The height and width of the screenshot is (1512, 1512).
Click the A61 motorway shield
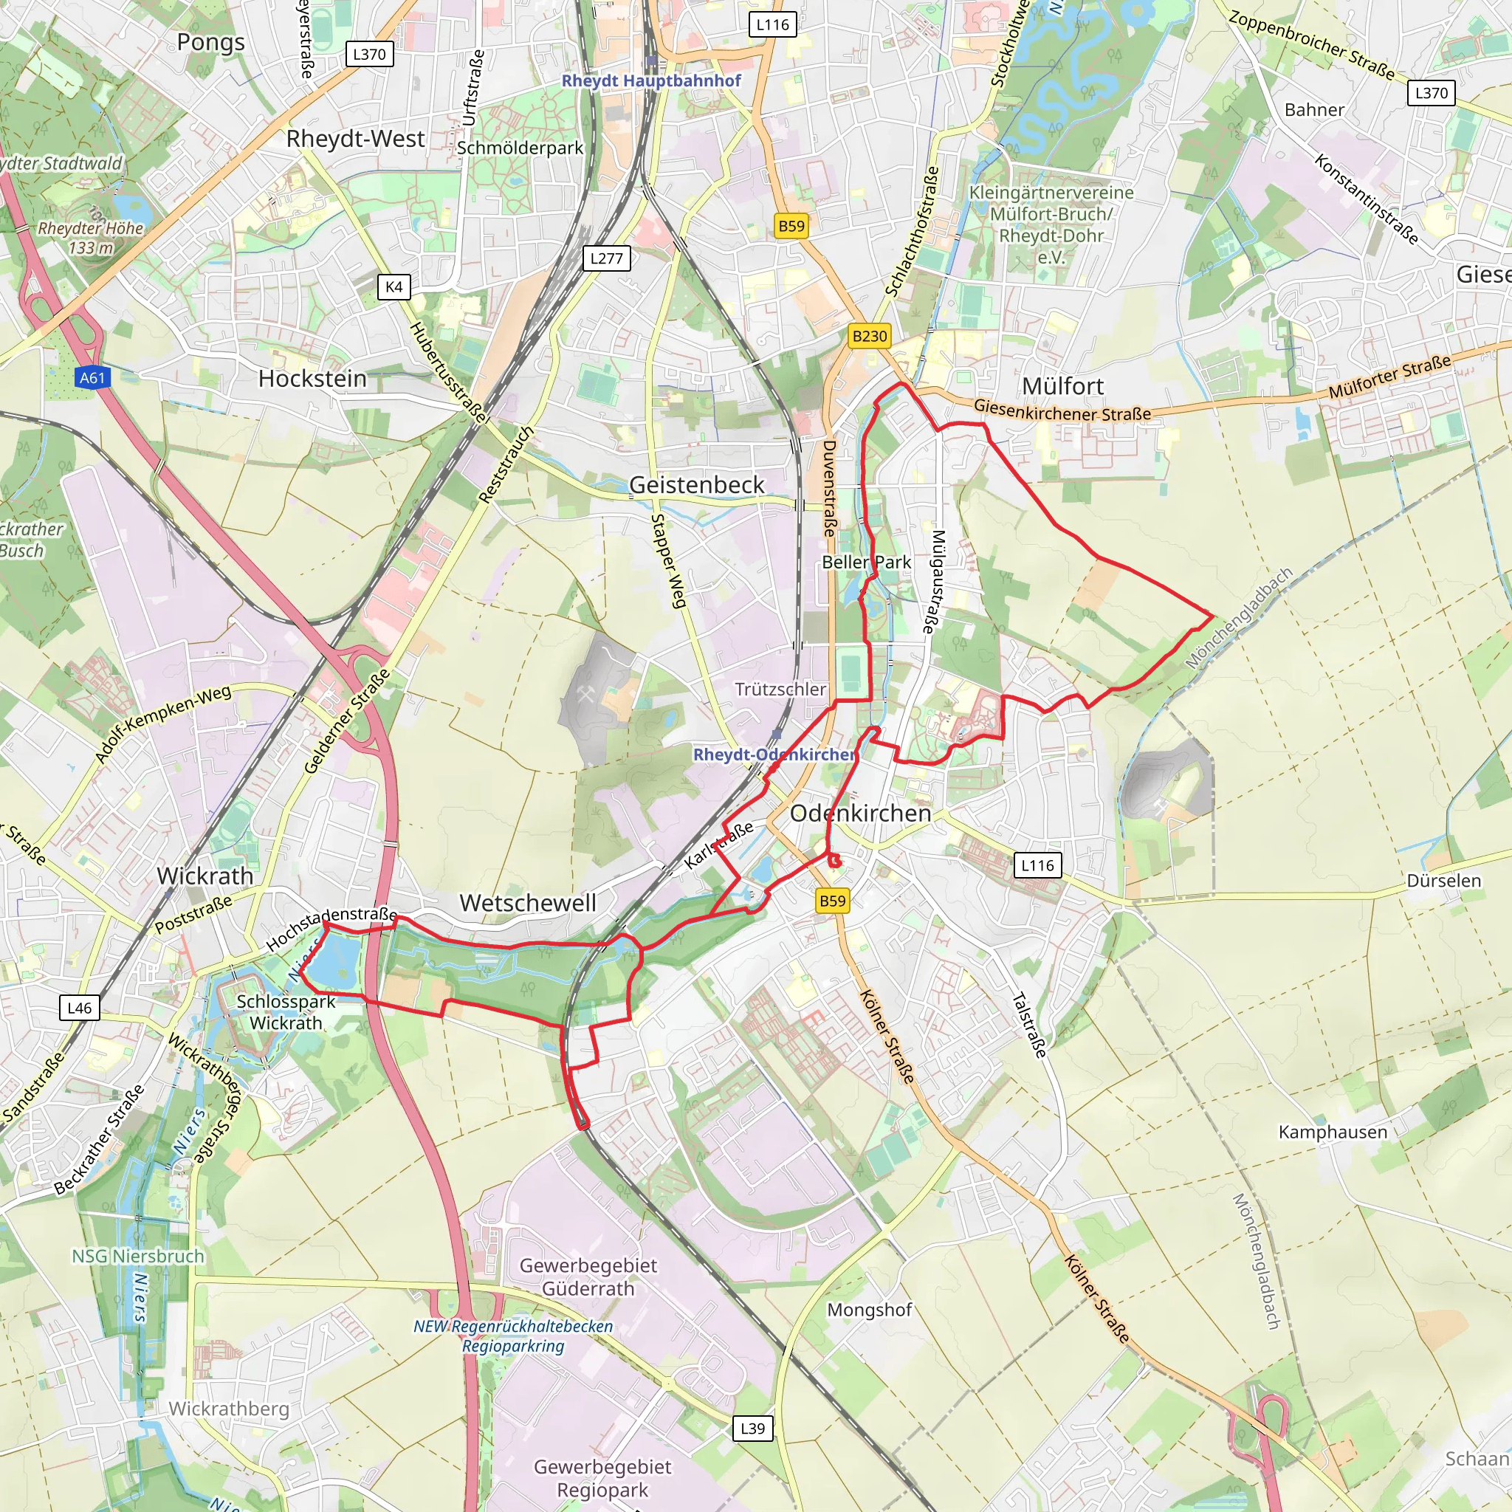pyautogui.click(x=92, y=378)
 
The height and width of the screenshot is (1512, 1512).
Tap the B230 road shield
pyautogui.click(x=870, y=336)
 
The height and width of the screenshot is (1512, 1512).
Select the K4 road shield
pyautogui.click(x=394, y=286)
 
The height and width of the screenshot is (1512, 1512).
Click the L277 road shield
pyautogui.click(x=607, y=258)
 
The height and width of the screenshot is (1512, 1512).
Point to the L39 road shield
pyautogui.click(x=752, y=1429)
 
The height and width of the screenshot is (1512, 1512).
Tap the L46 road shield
pyautogui.click(x=79, y=1008)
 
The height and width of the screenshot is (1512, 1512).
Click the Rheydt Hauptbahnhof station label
pyautogui.click(x=651, y=80)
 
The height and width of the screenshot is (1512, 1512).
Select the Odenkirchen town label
pyautogui.click(x=860, y=813)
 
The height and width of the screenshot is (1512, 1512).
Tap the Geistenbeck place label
pyautogui.click(x=696, y=484)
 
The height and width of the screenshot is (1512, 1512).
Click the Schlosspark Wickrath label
pyautogui.click(x=286, y=1012)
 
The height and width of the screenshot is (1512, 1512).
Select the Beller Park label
pyautogui.click(x=866, y=562)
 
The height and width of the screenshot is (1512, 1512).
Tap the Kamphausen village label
pyautogui.click(x=1332, y=1132)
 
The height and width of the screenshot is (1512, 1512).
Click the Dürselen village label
pyautogui.click(x=1443, y=881)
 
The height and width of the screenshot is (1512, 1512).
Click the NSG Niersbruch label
pyautogui.click(x=138, y=1256)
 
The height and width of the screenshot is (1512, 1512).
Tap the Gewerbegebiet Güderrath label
pyautogui.click(x=588, y=1276)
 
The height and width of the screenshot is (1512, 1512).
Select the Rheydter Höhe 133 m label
pyautogui.click(x=91, y=238)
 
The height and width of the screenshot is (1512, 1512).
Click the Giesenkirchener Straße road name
pyautogui.click(x=1062, y=409)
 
